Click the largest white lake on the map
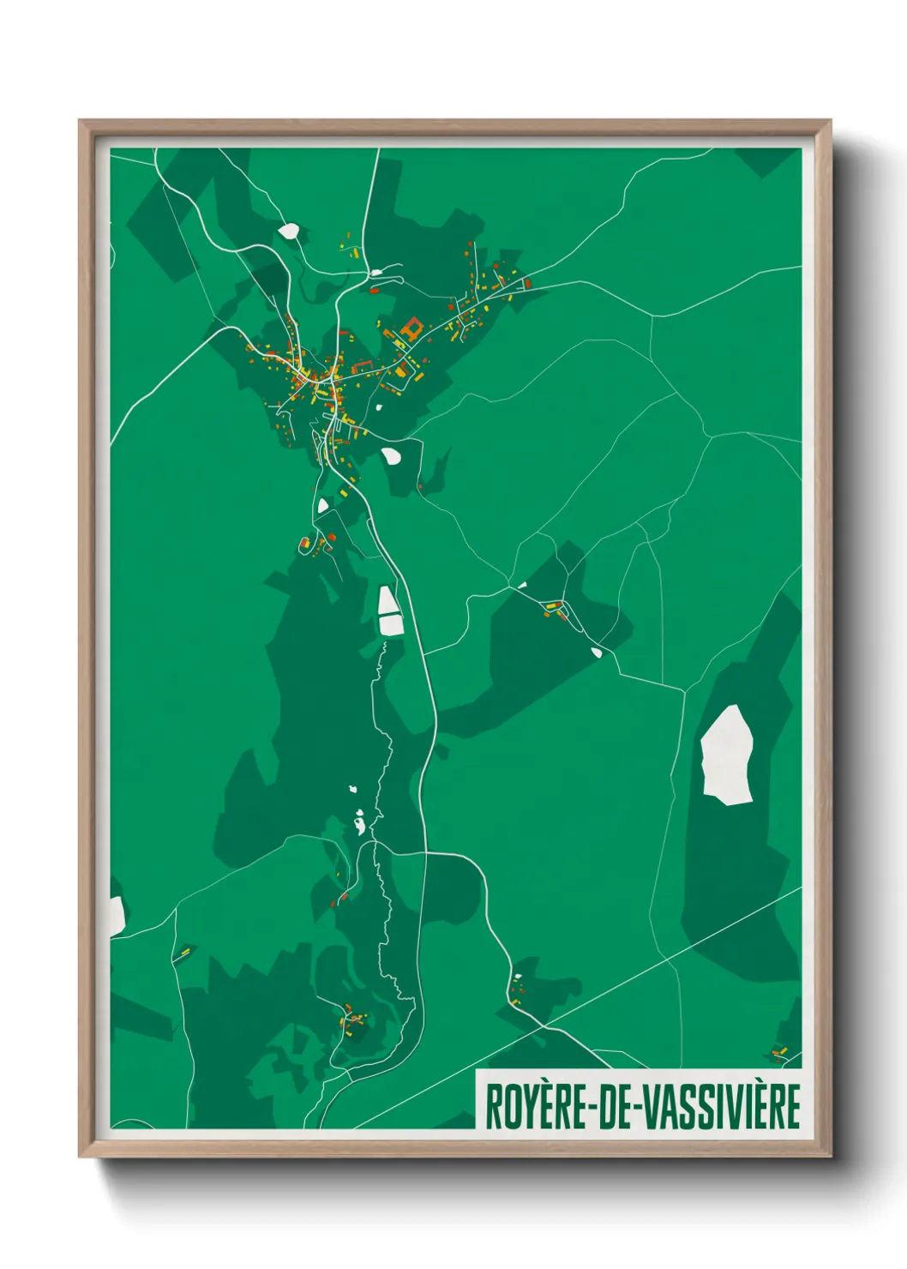tap(727, 755)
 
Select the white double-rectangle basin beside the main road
tap(390, 610)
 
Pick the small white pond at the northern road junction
tap(375, 273)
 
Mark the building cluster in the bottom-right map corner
tap(779, 1051)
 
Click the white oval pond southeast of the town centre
tap(391, 455)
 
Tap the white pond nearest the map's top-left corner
tap(289, 231)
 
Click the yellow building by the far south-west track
tap(183, 953)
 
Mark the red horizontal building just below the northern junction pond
tap(374, 291)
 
